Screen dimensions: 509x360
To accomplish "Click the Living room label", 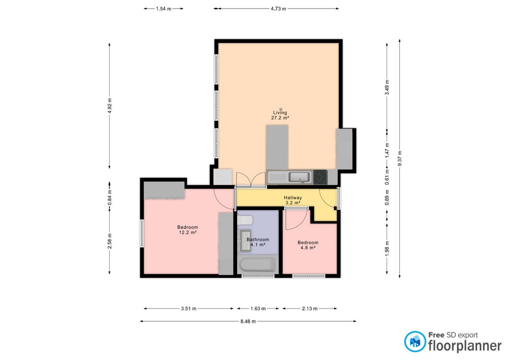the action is [x=280, y=112].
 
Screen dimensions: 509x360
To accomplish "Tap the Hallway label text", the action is [x=293, y=198].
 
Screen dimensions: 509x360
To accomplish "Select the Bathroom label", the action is [x=258, y=240].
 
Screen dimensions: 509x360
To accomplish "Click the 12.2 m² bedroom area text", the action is [x=188, y=232].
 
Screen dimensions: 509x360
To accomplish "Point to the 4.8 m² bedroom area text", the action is [x=308, y=248].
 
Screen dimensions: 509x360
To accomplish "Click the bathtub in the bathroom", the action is [x=258, y=265].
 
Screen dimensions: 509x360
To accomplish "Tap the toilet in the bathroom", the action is [x=245, y=221].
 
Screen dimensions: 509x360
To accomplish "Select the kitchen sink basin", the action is [x=299, y=177].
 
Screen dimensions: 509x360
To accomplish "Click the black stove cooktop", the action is [x=320, y=177].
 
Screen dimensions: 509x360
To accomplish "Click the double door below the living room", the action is [x=251, y=180].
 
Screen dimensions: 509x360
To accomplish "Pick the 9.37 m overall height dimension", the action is [x=400, y=159].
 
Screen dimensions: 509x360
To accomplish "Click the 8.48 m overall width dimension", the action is [x=248, y=321].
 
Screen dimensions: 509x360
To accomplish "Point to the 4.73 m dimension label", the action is [x=278, y=9].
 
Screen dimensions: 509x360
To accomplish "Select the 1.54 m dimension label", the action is [x=164, y=9].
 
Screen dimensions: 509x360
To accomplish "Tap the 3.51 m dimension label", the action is [x=189, y=309].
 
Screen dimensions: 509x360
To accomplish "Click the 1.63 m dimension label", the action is [x=258, y=309].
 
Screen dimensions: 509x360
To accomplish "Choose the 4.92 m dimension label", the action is [x=110, y=106].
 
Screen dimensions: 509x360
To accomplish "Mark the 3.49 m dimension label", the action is [x=387, y=87].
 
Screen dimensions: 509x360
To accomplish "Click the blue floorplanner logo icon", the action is [x=415, y=341].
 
